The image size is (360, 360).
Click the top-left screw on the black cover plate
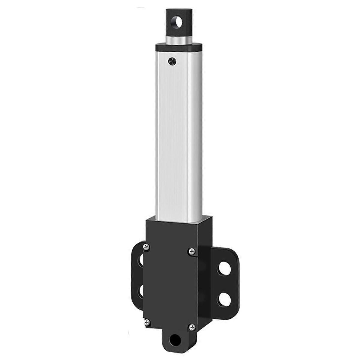click(146, 247)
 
